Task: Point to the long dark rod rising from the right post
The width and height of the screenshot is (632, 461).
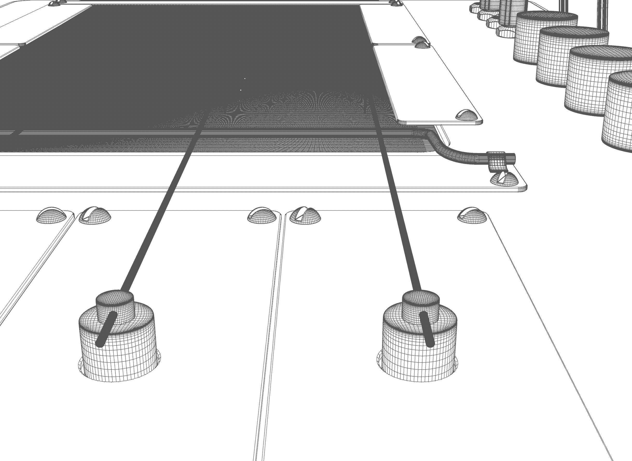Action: pos(397,201)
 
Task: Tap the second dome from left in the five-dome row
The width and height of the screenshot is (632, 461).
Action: pos(95,216)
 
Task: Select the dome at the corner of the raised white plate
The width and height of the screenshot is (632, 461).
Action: pos(466,115)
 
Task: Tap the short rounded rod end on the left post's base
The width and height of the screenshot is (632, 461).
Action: pos(106,329)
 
